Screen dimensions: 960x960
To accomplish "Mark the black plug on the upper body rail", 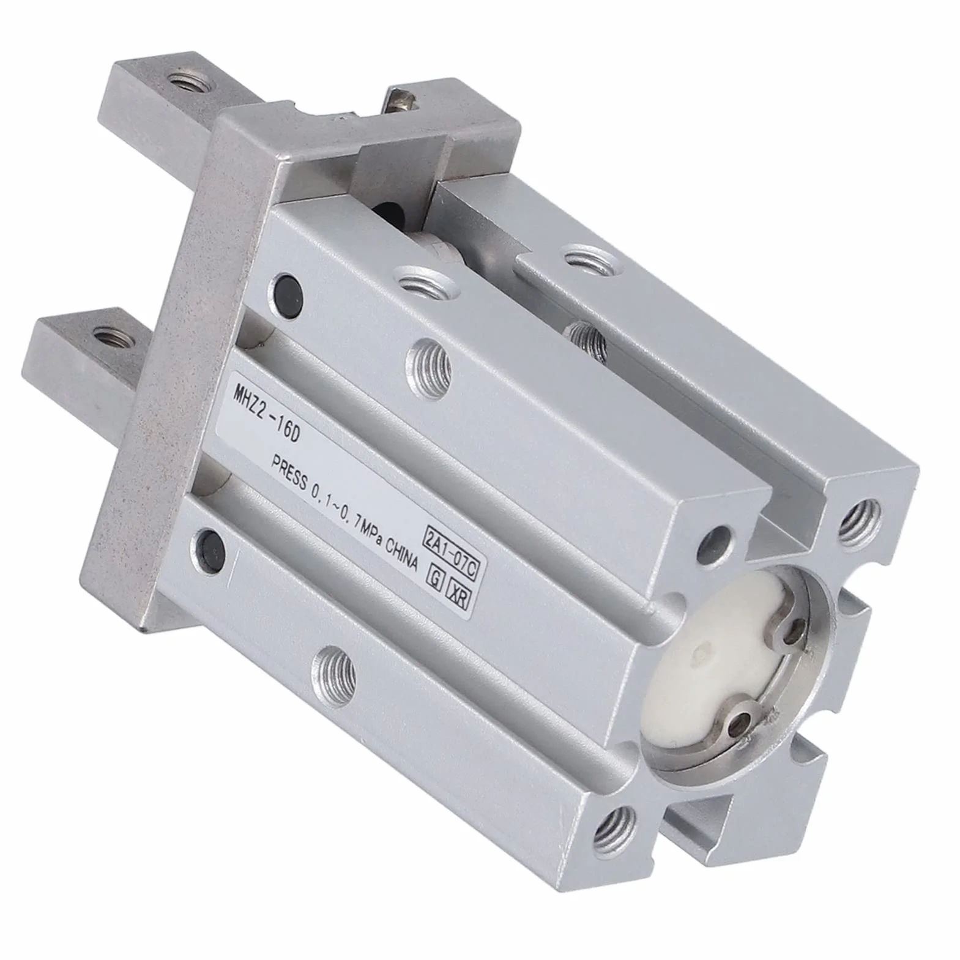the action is [x=287, y=287].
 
